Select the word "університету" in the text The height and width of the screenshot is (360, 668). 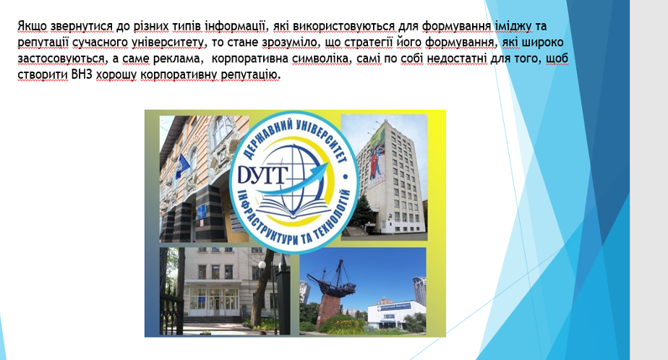[168, 43]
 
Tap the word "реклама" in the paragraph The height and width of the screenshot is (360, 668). [181, 59]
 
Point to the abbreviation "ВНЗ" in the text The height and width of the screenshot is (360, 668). [82, 74]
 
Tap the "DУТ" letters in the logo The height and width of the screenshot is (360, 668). [262, 175]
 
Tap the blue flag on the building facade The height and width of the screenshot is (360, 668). [182, 166]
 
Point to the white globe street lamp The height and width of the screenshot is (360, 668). [262, 265]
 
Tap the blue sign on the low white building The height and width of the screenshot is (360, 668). [394, 307]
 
